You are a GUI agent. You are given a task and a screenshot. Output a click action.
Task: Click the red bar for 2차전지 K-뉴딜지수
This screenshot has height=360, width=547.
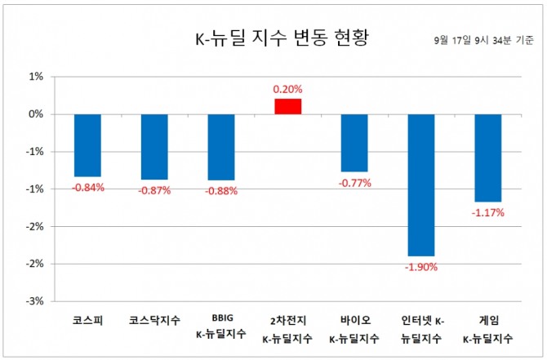pyautogui.click(x=288, y=106)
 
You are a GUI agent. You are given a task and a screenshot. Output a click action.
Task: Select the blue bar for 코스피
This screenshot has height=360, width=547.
pyautogui.click(x=87, y=145)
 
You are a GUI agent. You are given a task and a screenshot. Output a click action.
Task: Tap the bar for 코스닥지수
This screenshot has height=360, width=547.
pyautogui.click(x=154, y=147)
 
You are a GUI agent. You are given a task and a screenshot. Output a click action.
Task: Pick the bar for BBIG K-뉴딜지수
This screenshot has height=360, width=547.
pyautogui.click(x=221, y=147)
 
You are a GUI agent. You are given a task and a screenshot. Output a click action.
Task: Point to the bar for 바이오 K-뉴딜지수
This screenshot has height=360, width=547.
pyautogui.click(x=355, y=143)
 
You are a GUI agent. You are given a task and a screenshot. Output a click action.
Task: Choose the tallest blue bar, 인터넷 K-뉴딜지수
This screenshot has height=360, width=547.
pyautogui.click(x=422, y=184)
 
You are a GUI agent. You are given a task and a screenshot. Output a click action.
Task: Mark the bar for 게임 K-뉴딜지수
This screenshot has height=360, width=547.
pyautogui.click(x=489, y=158)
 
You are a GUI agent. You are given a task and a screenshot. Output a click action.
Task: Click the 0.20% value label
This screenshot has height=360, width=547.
pyautogui.click(x=288, y=89)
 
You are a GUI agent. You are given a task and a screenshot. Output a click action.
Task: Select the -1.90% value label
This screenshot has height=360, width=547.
pyautogui.click(x=422, y=266)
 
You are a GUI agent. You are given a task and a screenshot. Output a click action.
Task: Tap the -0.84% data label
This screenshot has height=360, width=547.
pyautogui.click(x=87, y=188)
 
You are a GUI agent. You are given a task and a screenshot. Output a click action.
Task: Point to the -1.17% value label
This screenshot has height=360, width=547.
pyautogui.click(x=488, y=212)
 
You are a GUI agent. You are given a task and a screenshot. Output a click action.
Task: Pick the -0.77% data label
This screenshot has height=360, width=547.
pyautogui.click(x=354, y=183)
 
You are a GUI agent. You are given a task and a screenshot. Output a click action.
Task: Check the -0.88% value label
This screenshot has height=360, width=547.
pyautogui.click(x=221, y=191)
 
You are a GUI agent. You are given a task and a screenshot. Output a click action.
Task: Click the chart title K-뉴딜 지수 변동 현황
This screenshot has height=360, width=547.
pyautogui.click(x=269, y=39)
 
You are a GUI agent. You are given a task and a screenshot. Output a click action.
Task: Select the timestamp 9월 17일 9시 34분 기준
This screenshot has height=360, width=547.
pyautogui.click(x=485, y=39)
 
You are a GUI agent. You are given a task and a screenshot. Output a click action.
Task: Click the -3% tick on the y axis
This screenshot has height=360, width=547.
pyautogui.click(x=35, y=300)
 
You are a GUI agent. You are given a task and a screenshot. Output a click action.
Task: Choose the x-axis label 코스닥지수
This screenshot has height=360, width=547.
pyautogui.click(x=154, y=322)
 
